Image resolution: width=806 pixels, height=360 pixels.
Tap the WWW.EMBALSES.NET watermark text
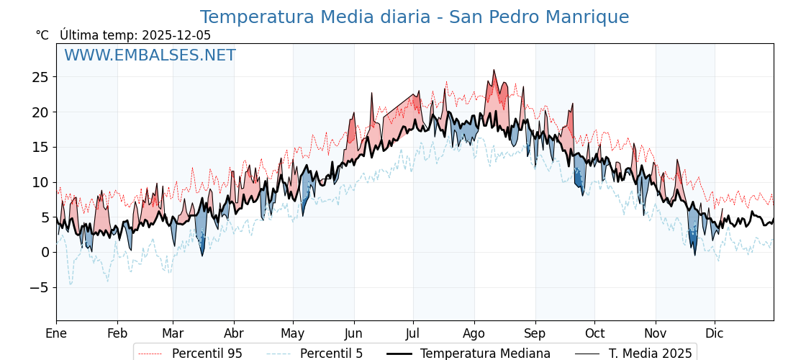click(x=150, y=55)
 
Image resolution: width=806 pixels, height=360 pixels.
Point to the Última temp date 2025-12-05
click(x=176, y=35)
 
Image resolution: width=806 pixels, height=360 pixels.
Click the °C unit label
click(x=42, y=35)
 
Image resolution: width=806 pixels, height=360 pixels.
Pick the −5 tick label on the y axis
click(x=40, y=287)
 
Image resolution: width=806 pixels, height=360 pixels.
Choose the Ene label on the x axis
click(x=56, y=333)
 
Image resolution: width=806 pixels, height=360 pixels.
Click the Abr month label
click(x=234, y=333)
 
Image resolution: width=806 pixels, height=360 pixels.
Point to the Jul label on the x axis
click(x=413, y=333)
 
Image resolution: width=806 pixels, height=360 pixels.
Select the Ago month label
click(x=474, y=333)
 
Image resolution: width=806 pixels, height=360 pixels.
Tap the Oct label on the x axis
click(x=594, y=333)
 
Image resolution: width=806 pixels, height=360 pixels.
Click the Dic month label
click(x=715, y=333)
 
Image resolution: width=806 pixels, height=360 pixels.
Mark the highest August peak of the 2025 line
click(x=494, y=70)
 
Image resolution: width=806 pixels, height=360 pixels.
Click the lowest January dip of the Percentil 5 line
click(x=71, y=284)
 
